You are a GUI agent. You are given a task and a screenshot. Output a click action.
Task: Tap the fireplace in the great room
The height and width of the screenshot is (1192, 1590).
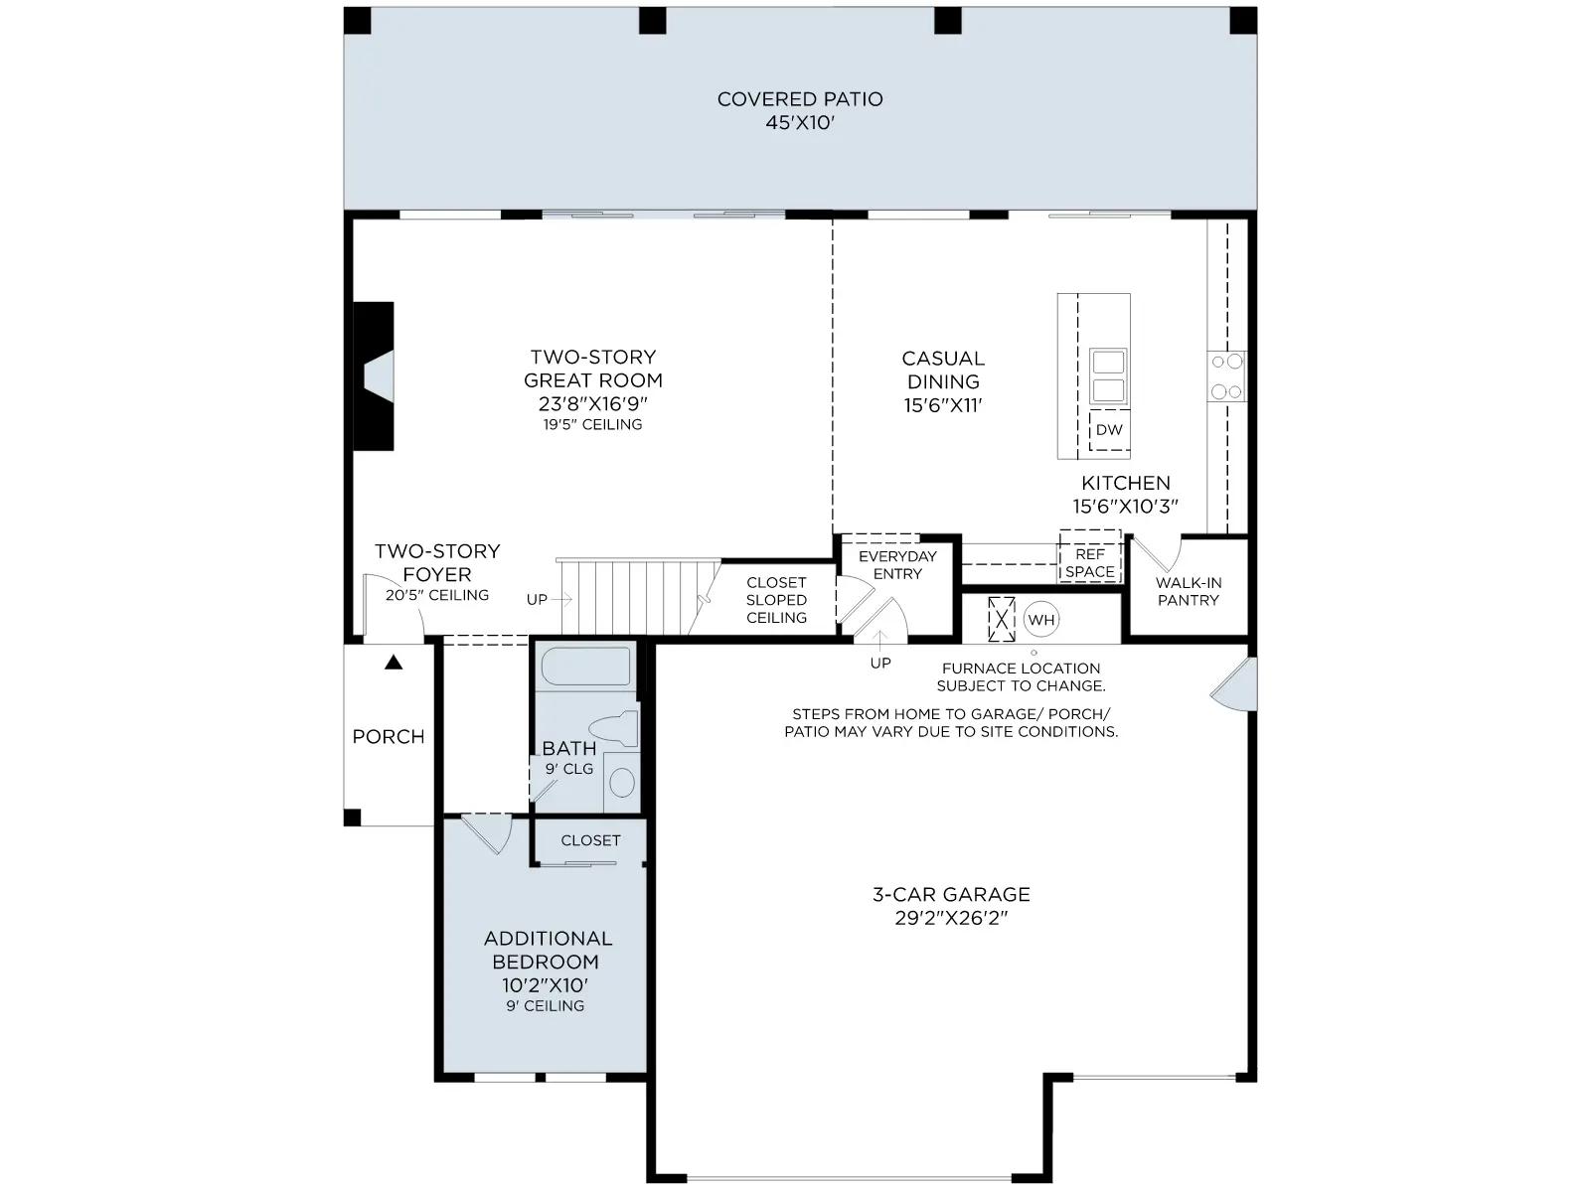point(374,376)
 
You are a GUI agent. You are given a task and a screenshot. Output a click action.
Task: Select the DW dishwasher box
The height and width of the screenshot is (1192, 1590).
point(1109,430)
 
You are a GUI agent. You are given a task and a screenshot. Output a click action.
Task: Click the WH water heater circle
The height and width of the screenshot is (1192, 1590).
point(1041,620)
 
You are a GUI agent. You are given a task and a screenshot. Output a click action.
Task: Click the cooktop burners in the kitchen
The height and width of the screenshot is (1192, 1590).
point(1226,376)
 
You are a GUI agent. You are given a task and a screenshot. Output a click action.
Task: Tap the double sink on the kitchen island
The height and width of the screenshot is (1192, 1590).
point(1108,376)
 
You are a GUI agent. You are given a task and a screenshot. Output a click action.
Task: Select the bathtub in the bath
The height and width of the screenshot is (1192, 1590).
point(586,666)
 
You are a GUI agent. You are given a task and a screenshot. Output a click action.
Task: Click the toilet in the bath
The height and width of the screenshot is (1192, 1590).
point(613,728)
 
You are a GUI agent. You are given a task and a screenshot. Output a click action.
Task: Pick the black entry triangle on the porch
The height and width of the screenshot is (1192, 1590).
point(394,662)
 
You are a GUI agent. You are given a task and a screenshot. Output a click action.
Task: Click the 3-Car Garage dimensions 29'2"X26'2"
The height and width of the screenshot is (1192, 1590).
point(951,918)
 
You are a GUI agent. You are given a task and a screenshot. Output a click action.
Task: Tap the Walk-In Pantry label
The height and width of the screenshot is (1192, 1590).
point(1188,591)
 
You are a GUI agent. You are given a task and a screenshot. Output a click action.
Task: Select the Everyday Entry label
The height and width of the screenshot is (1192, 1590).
point(897,565)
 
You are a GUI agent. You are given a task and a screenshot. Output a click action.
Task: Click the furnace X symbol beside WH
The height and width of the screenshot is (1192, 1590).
point(1002,620)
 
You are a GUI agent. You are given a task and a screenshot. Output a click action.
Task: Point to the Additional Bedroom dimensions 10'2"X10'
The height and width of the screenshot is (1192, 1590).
point(545,985)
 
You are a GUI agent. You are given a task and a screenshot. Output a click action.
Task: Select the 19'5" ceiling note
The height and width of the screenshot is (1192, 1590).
point(592,425)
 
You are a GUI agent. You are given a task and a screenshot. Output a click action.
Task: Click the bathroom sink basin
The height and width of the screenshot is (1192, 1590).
point(621,783)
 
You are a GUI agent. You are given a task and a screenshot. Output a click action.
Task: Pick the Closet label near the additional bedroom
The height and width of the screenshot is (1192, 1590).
point(590,840)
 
